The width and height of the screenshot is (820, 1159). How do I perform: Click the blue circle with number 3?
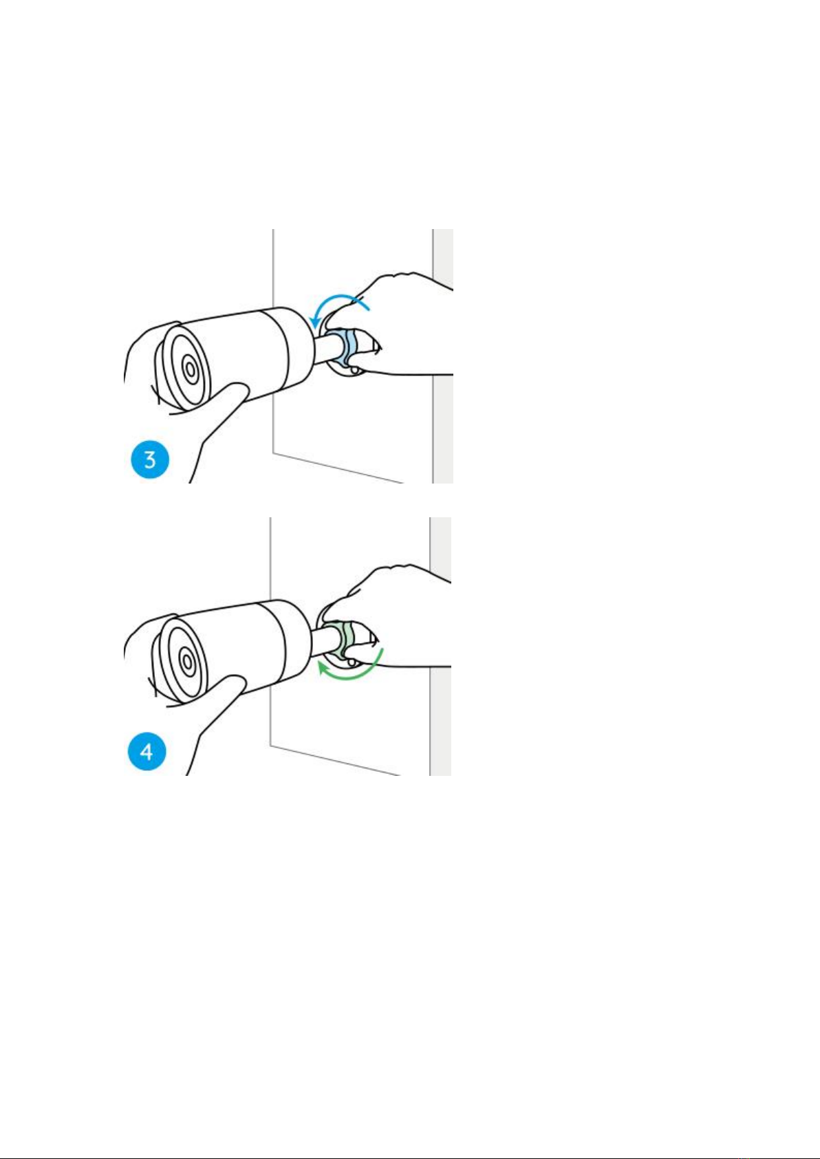point(150,459)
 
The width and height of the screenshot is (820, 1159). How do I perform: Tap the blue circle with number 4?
point(147,752)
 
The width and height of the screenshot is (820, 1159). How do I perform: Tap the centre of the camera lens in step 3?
point(189,369)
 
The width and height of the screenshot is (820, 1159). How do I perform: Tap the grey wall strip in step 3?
point(443,356)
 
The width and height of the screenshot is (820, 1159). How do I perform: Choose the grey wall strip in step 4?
point(441,647)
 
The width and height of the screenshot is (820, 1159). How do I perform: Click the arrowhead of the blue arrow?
point(314,322)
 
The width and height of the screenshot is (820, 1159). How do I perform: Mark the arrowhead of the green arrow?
point(323,670)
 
